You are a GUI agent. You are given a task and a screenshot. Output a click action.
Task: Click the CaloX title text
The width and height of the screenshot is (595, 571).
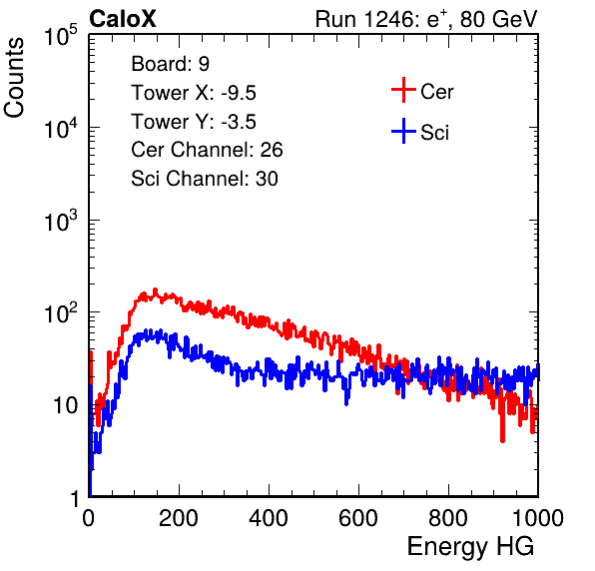123,19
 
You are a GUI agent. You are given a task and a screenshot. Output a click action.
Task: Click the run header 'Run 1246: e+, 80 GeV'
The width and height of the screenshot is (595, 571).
426,19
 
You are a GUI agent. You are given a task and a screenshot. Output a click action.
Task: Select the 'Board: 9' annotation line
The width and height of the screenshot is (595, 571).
170,64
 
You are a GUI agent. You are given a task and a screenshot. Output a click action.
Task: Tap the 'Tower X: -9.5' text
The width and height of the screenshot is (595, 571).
194,93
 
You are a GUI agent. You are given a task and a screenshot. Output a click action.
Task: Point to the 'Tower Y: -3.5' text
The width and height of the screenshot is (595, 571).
194,122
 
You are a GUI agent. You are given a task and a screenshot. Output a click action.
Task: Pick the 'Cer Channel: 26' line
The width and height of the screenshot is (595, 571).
207,150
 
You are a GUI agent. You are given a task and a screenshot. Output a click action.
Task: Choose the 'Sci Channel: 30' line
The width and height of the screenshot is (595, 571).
205,179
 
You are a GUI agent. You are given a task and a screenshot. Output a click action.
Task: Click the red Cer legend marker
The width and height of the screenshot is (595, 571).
403,90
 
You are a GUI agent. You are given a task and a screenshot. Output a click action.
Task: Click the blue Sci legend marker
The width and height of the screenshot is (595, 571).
403,131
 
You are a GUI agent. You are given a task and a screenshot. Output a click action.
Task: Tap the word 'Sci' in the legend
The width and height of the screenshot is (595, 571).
434,133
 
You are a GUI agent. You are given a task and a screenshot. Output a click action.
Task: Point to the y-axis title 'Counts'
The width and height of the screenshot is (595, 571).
14,78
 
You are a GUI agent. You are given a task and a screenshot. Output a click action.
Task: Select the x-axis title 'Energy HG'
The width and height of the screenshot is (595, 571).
470,546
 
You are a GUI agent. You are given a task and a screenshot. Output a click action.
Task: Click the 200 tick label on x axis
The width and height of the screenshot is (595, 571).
179,518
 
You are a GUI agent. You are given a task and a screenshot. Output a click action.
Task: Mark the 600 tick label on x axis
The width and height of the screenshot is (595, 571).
358,518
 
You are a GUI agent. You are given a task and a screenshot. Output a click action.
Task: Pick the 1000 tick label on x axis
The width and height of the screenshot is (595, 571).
538,518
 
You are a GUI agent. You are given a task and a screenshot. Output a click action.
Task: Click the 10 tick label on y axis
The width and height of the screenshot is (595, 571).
65,405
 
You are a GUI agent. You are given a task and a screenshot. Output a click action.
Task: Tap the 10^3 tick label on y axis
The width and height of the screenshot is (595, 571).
62,220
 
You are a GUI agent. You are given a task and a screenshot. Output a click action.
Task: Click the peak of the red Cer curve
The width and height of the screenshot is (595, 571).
155,290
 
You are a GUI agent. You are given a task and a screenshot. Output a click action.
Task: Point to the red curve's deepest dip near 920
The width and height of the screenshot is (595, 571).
503,440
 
